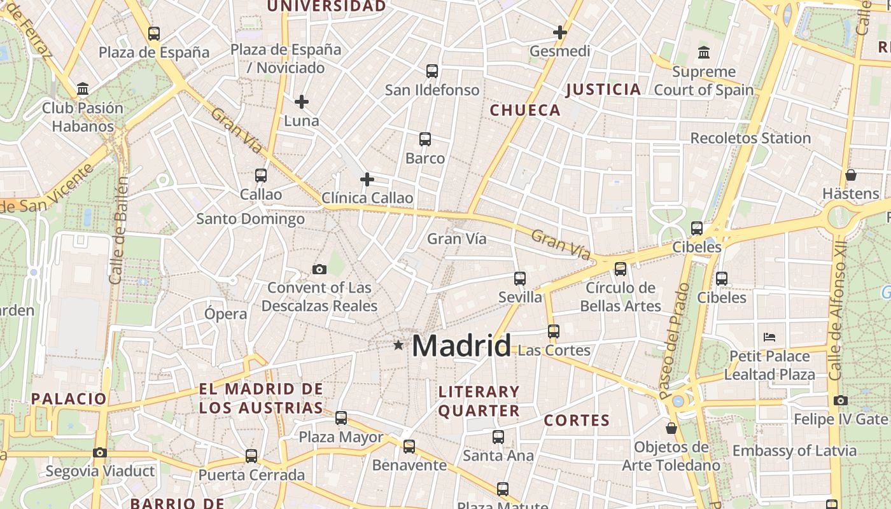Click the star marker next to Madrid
(398, 345)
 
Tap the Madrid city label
(461, 346)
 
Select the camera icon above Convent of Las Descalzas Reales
(319, 270)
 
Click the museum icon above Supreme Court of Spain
(704, 52)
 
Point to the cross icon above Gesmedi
(560, 32)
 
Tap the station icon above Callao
(261, 175)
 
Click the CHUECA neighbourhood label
(525, 110)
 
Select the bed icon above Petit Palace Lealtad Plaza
(769, 337)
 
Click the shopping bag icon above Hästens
(851, 174)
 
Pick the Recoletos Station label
(750, 138)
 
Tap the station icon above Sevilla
(520, 278)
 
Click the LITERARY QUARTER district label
(479, 401)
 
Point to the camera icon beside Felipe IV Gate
(841, 400)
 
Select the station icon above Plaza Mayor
(341, 418)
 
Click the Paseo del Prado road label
(675, 340)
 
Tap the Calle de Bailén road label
(119, 230)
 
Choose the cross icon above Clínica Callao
(367, 179)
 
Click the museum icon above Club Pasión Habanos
(83, 88)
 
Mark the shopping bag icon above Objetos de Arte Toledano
(671, 428)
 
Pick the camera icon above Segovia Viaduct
(100, 452)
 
